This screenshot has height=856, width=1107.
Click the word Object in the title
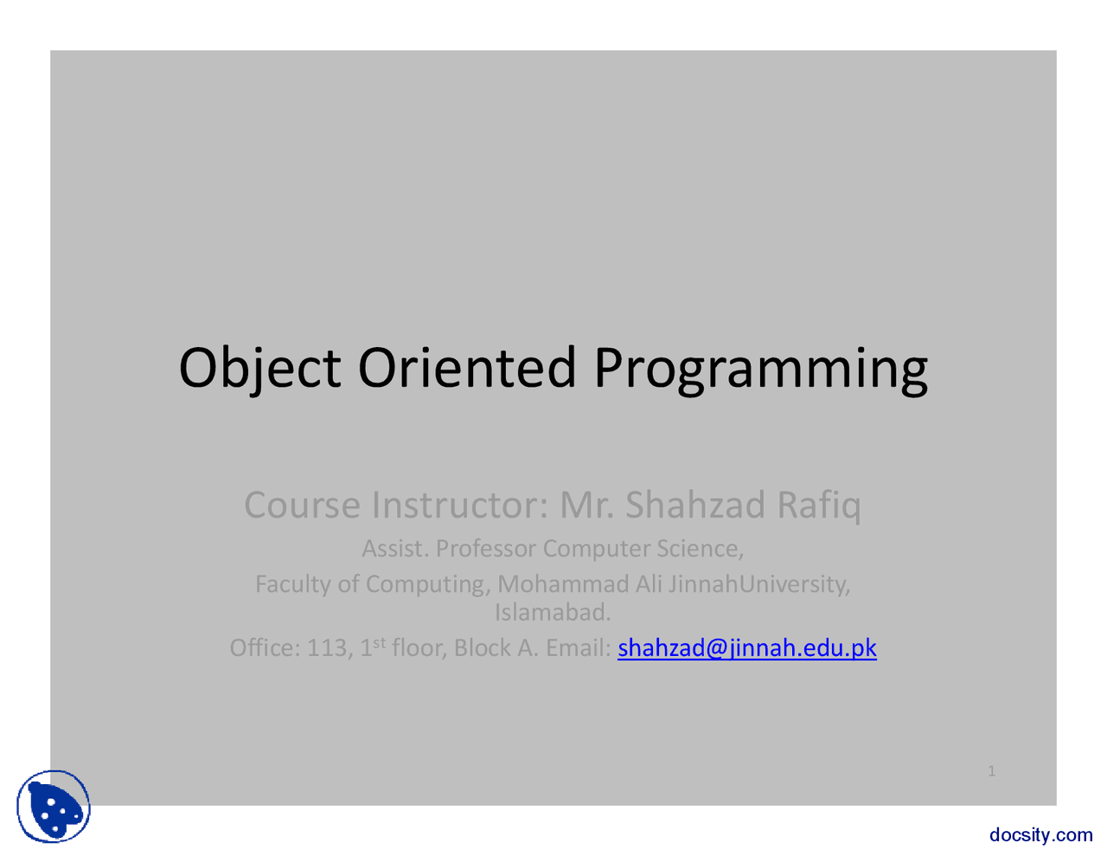pos(259,368)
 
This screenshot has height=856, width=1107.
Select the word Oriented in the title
pos(466,367)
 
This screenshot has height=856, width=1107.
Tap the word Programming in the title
pos(760,368)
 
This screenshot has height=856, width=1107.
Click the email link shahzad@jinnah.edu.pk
pos(746,647)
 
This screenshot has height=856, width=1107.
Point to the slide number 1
pos(992,770)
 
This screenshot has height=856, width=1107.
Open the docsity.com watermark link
pos(1040,834)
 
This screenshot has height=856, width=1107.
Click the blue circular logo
pos(54,807)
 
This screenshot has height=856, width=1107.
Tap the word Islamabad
pos(553,613)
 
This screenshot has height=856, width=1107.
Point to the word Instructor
pos(459,505)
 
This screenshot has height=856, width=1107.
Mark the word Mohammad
pos(563,584)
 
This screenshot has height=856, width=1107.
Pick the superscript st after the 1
pos(379,642)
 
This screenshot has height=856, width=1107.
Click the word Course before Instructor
pos(302,505)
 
